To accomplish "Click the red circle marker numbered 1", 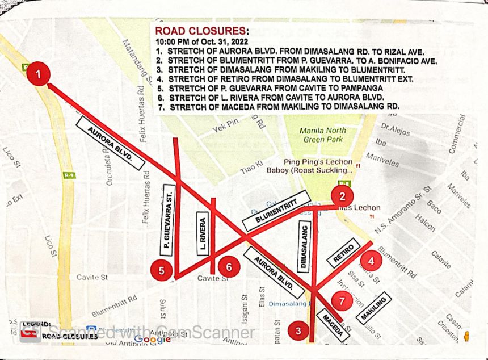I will (x=39, y=74).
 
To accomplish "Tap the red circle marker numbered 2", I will (x=342, y=197).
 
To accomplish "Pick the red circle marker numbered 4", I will (x=371, y=262).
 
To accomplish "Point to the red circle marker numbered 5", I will (x=162, y=271).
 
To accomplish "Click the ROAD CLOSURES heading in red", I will (x=201, y=31).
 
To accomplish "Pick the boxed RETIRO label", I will (x=344, y=253).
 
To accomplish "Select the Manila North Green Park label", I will (x=321, y=135).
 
